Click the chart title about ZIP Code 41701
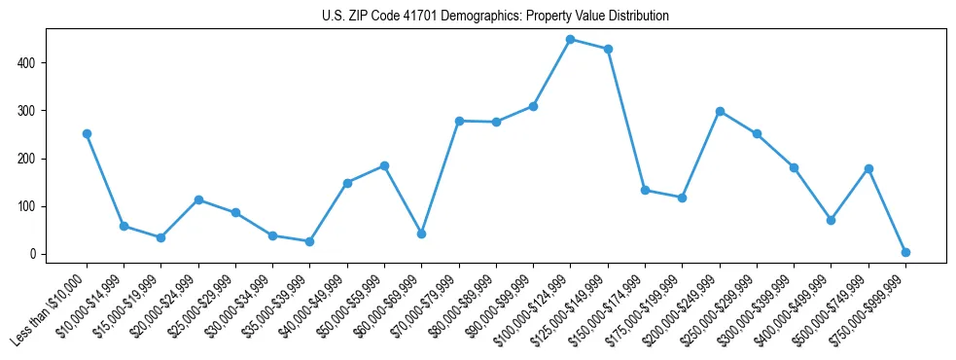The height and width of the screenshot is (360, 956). click(x=495, y=17)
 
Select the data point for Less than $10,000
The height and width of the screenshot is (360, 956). click(x=87, y=133)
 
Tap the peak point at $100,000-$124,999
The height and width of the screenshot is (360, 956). click(x=570, y=39)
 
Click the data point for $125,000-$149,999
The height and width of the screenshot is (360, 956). click(x=608, y=49)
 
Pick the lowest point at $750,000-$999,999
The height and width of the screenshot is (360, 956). click(x=905, y=252)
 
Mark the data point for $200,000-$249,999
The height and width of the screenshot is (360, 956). click(x=720, y=111)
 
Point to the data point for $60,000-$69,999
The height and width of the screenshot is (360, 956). click(x=421, y=234)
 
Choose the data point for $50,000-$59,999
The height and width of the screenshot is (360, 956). click(x=384, y=165)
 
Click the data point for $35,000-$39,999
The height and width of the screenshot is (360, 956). click(x=309, y=241)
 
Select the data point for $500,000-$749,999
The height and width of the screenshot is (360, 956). click(x=868, y=168)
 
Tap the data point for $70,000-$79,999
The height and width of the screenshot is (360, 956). click(x=459, y=121)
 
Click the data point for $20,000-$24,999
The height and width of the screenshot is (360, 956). click(x=198, y=199)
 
